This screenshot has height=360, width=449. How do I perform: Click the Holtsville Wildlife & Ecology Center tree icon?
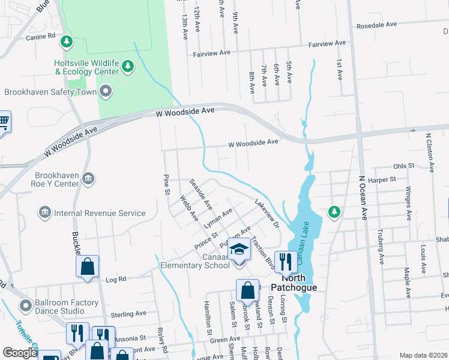128,66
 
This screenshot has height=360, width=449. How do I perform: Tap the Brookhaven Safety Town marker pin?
106,92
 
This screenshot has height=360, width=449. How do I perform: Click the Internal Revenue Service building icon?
44,212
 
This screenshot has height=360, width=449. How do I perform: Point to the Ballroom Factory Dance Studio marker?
26,306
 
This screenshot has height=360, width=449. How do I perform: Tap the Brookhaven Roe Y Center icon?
88,178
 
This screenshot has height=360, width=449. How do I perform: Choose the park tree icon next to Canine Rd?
68,41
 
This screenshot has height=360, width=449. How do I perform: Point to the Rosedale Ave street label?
377,25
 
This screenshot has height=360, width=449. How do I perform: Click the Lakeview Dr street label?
267,213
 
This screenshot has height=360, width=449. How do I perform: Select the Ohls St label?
403,165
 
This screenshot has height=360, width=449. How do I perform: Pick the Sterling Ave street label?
128,313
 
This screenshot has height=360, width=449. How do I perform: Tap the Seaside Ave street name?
200,193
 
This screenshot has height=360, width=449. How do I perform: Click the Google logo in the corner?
20,353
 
